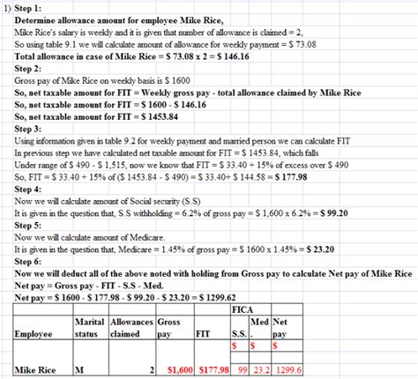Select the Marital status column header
(x=89, y=329)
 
